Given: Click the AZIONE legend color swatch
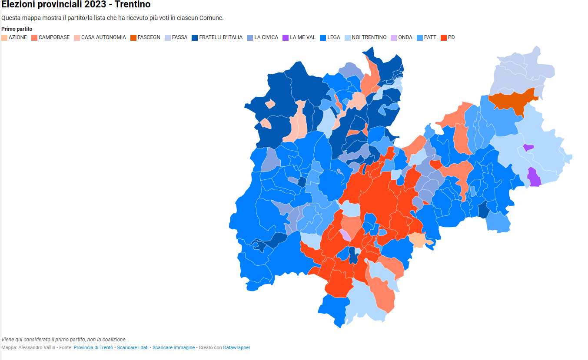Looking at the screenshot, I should tap(4, 37).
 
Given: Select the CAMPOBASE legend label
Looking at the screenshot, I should tap(54, 37).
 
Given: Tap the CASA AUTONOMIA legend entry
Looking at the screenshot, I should tap(103, 37).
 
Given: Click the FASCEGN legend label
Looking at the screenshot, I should tap(149, 37).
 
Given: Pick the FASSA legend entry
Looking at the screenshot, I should tap(179, 37).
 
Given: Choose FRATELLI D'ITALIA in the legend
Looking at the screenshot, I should tap(221, 37).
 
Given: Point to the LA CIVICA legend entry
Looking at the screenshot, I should tap(266, 37).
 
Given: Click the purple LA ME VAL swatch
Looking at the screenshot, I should tap(286, 37).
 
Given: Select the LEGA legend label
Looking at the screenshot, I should tap(333, 37).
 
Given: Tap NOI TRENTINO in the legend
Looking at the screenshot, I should tap(369, 37).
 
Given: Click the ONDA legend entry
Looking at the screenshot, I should tap(405, 37).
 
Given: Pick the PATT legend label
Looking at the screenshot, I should tap(430, 37).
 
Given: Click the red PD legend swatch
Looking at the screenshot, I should tap(444, 37).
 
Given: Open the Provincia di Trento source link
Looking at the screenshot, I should tap(93, 347).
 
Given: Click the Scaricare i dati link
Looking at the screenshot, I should tap(133, 347).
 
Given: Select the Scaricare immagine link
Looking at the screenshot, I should tap(173, 347).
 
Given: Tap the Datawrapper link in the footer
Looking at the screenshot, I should tap(236, 347).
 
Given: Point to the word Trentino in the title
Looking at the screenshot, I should tap(133, 5).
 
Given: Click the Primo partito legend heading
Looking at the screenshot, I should tap(17, 29).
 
